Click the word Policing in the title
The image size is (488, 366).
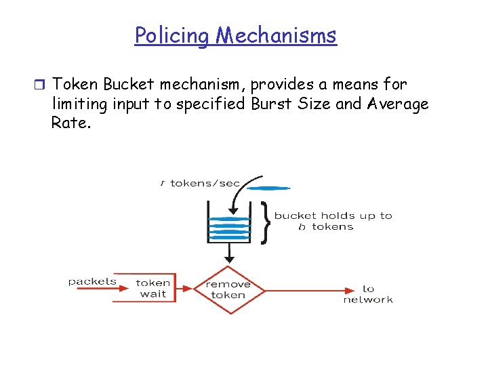click(x=172, y=35)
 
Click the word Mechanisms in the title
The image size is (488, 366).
click(x=276, y=35)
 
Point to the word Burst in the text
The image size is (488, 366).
click(x=270, y=104)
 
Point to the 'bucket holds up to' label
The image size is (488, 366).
click(x=333, y=216)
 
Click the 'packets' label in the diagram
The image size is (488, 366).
click(x=92, y=281)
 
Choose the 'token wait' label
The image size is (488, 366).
click(x=153, y=288)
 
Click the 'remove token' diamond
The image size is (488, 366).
click(x=228, y=289)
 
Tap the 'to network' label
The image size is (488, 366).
click(x=368, y=294)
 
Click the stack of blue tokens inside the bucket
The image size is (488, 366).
click(x=229, y=226)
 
